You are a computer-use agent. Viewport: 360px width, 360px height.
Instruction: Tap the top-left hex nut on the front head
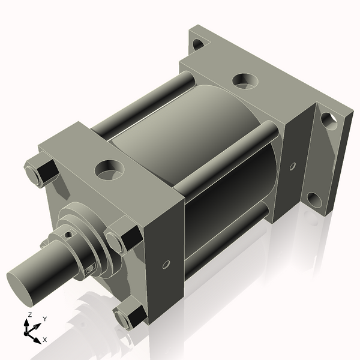coord(39,170)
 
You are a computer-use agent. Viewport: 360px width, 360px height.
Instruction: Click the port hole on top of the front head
coord(110,169)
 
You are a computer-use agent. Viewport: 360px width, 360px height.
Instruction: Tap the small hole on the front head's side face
coord(166,263)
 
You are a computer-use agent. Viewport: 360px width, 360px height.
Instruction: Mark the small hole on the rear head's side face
coord(293,166)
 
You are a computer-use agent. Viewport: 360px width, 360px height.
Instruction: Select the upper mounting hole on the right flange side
coord(328,120)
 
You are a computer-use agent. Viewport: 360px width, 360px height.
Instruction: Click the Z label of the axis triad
coord(29,314)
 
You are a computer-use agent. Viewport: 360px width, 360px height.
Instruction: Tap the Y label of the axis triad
coord(44,319)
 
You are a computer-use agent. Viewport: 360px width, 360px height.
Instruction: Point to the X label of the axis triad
coord(46,340)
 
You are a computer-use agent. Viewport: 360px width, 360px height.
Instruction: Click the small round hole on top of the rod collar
coord(69,234)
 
